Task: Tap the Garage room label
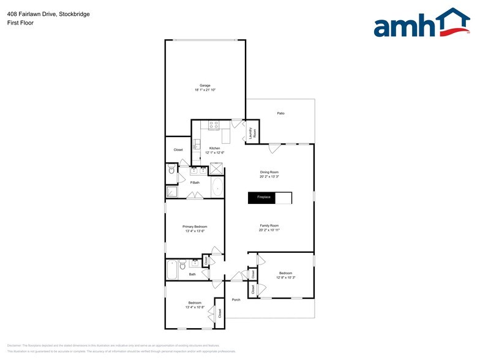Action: (x=204, y=85)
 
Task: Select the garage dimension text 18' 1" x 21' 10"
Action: (x=204, y=90)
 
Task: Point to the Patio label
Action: (x=280, y=113)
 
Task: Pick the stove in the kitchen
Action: (x=214, y=125)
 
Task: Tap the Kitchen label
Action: (x=214, y=148)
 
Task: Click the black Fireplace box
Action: (x=261, y=198)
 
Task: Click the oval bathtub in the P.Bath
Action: (x=217, y=188)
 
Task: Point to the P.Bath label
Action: (x=195, y=182)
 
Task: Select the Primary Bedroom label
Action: (x=195, y=227)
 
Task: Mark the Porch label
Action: (x=236, y=299)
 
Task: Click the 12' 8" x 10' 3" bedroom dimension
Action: (x=285, y=278)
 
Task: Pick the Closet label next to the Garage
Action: (x=178, y=149)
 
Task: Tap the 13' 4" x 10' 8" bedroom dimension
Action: (x=195, y=308)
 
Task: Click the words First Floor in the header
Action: (x=20, y=23)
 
